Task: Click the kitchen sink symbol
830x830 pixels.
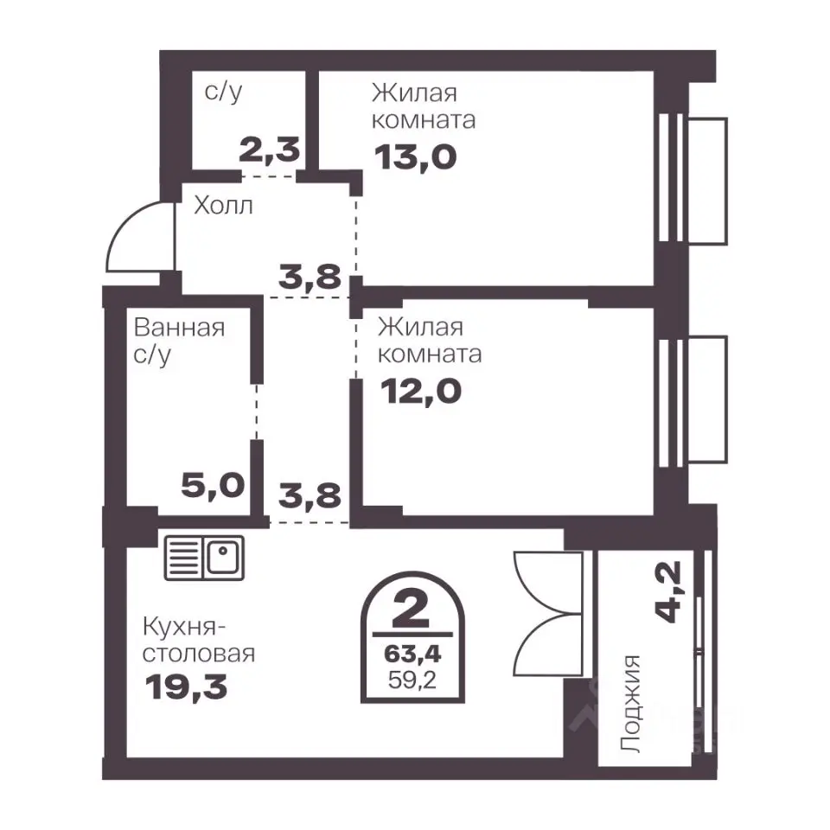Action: tap(204, 558)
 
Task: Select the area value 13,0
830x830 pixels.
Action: tap(416, 157)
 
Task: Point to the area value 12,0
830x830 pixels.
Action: tap(421, 392)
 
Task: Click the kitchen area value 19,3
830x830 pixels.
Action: tap(187, 687)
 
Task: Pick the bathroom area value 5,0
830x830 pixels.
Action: tap(213, 485)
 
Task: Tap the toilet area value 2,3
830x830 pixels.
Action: tap(270, 150)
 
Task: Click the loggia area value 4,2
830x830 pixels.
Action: tap(668, 591)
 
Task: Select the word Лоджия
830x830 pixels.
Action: tap(631, 704)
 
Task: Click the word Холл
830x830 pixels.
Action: tap(223, 206)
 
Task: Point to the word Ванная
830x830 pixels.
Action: tap(179, 328)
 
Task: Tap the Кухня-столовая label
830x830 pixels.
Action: tap(199, 641)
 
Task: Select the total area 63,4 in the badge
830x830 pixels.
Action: tap(412, 654)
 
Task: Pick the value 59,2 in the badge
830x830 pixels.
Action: tap(412, 680)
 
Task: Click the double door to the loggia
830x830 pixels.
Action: tap(548, 614)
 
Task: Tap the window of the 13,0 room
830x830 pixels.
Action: tap(693, 180)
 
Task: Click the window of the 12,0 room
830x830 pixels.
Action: tap(693, 400)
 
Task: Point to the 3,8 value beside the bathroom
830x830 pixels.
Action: tap(310, 496)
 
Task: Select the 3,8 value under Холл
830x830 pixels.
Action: tap(310, 277)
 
